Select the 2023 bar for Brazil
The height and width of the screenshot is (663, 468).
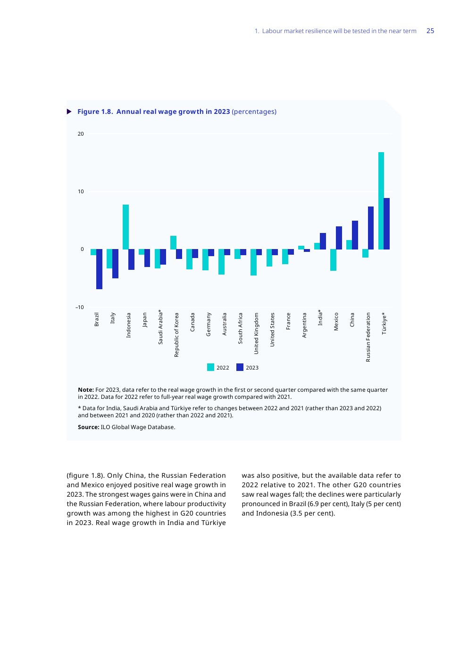point(100,269)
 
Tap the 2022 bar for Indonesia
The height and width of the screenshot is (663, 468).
point(125,227)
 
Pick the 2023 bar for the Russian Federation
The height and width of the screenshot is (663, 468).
point(371,228)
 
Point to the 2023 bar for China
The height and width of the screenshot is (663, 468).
point(355,235)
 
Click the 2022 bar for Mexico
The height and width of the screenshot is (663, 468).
point(333,260)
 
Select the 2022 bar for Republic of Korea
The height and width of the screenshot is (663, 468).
point(173,242)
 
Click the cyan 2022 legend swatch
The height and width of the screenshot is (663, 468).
point(210,367)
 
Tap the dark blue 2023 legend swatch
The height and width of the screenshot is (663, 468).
point(240,367)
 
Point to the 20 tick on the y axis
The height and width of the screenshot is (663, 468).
point(81,134)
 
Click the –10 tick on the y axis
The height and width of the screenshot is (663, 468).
point(79,307)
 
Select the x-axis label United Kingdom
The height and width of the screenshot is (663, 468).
point(256,333)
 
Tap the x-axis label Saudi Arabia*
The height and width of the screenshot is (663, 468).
point(160,327)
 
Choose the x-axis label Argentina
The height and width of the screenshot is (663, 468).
point(304,325)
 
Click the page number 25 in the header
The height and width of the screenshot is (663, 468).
point(430,31)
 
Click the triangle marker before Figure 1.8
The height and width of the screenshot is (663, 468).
point(69,112)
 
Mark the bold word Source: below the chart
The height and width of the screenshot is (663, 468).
point(88,427)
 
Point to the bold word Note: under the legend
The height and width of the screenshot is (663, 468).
point(85,390)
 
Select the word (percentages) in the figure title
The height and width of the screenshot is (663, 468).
point(254,112)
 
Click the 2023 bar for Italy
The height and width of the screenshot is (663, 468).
point(115,264)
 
